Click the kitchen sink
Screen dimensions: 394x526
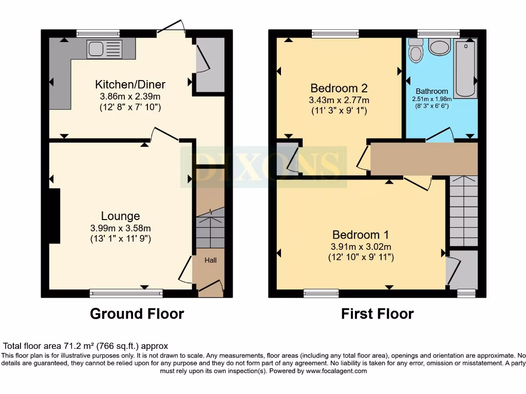pos(104,49)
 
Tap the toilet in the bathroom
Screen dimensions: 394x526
pos(416,50)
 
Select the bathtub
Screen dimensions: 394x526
pos(466,69)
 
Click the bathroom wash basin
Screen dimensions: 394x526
pos(440,48)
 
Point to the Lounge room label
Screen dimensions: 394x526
pos(120,216)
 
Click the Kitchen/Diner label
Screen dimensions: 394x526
pos(130,84)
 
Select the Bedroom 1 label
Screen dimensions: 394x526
pos(360,234)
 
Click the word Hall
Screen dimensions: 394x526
pos(211,261)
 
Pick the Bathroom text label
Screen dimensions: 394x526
pos(431,91)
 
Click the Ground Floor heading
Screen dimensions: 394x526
pos(137,313)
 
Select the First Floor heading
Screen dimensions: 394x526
pos(377,313)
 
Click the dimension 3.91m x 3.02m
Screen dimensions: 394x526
pos(361,247)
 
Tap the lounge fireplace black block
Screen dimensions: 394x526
pos(54,216)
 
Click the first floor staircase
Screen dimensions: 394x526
pos(463,211)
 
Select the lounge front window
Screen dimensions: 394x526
pos(126,293)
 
